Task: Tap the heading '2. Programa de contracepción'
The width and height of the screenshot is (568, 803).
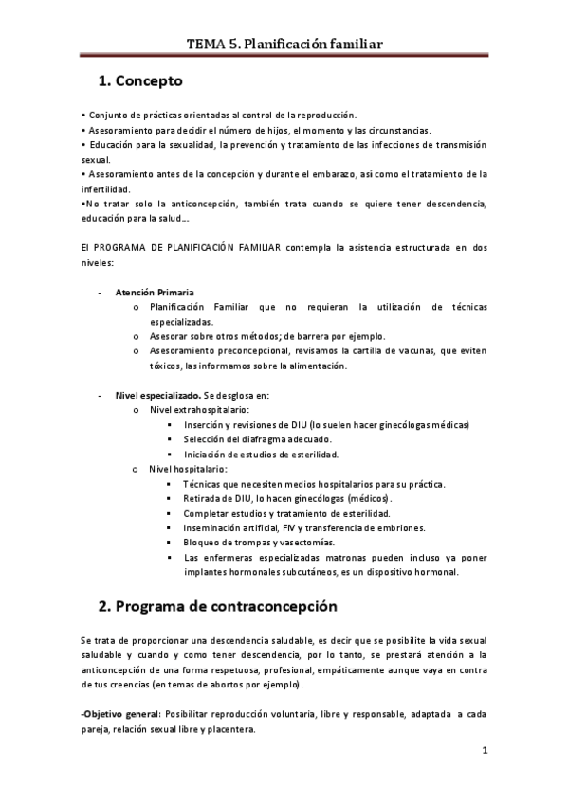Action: [217, 604]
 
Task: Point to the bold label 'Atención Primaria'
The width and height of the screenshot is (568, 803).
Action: [155, 292]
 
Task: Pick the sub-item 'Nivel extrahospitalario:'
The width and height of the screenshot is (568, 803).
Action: [200, 410]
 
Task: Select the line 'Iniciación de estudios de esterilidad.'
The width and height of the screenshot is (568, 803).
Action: [268, 454]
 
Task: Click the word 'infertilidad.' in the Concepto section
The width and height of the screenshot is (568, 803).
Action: [109, 189]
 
